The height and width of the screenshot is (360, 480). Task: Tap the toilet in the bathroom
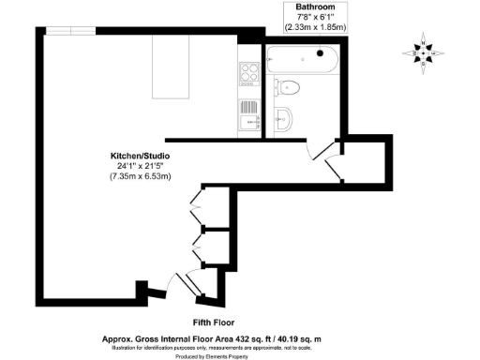[x=291, y=88]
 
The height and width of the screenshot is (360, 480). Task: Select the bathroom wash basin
[x=285, y=119]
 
